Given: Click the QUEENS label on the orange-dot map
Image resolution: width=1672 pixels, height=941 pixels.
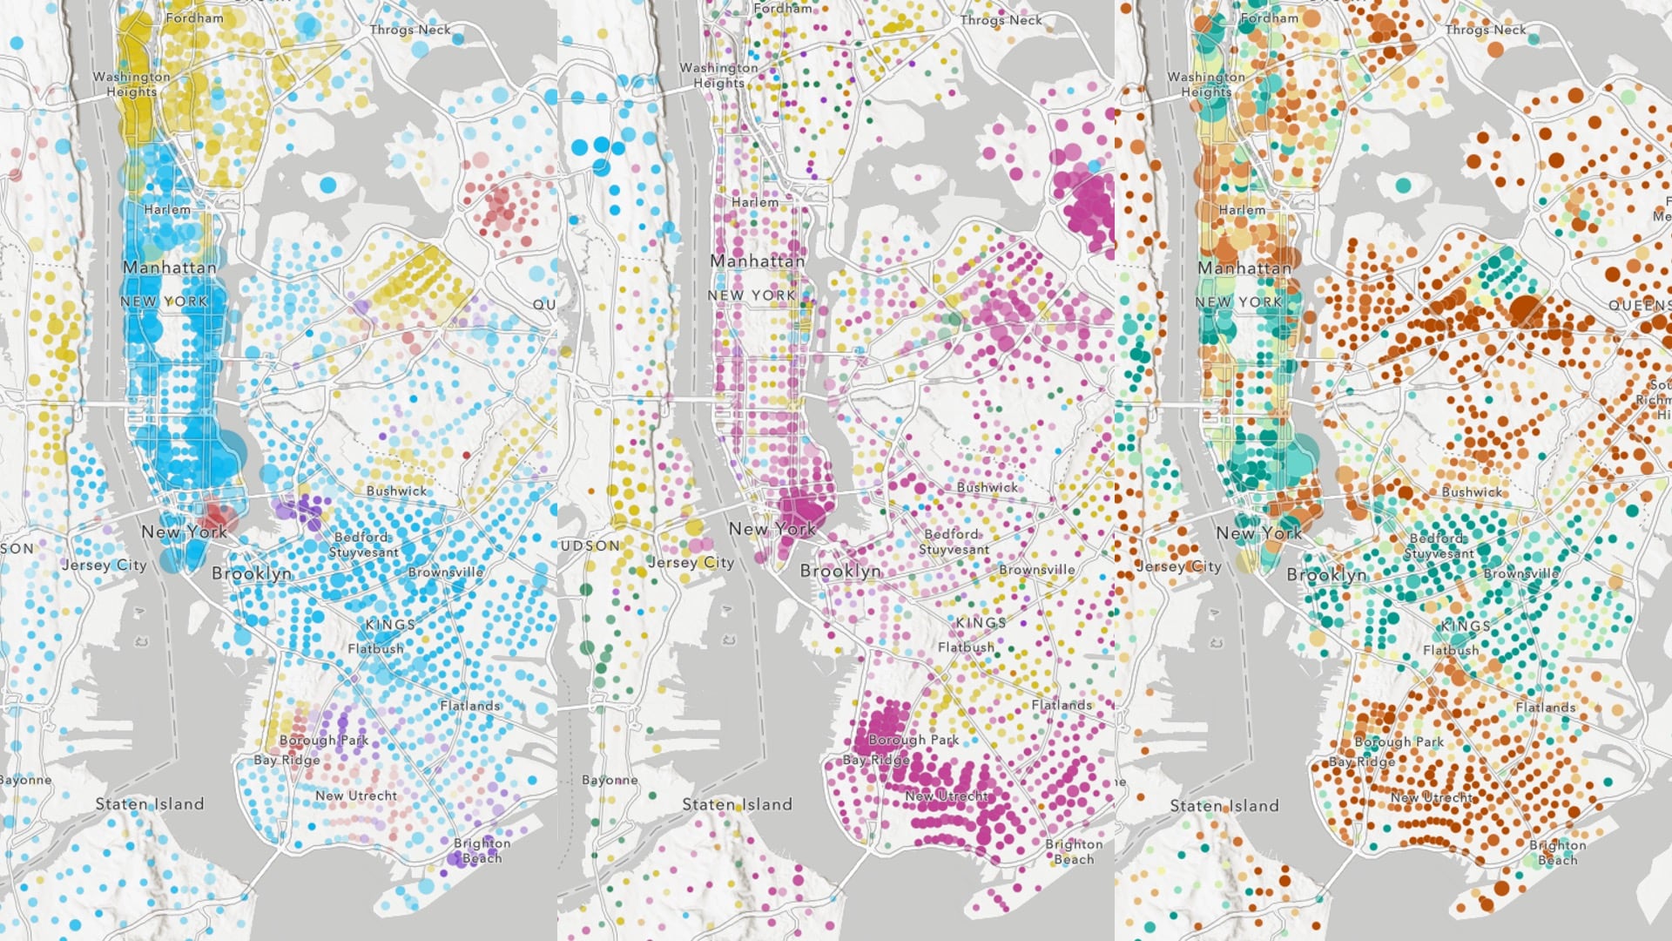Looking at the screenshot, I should (x=1639, y=305).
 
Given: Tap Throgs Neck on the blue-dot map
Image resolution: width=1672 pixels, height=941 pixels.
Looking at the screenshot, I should (x=410, y=30).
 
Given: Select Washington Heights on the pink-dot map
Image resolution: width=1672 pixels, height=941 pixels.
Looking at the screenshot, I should (x=718, y=75).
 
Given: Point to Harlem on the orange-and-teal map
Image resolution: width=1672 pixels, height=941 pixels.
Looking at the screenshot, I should (x=1242, y=210).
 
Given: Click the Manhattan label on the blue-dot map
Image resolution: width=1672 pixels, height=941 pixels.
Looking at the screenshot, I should (x=169, y=267).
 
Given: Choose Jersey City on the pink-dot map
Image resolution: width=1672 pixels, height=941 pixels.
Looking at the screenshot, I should (x=691, y=563).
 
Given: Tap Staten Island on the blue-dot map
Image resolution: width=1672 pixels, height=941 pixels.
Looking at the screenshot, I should (x=150, y=804).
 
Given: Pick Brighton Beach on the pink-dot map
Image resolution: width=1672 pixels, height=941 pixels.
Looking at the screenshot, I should (x=1074, y=851).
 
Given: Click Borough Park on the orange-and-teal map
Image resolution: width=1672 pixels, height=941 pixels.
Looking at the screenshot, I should (x=1399, y=741).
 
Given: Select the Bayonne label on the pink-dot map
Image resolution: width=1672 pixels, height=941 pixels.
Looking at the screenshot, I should (x=609, y=780).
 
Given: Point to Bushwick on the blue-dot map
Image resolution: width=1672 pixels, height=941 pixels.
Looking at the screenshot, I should (x=396, y=491).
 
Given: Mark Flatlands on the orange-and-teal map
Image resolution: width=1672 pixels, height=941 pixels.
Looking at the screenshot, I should (x=1545, y=707).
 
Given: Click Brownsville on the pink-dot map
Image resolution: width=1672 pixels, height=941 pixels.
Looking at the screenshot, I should (x=1036, y=570).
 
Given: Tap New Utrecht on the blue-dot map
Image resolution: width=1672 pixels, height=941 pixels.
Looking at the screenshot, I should (x=355, y=795).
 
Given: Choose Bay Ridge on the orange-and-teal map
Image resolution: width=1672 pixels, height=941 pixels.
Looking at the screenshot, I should (x=1361, y=762).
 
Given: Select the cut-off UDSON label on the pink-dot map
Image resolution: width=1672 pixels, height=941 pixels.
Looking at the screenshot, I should (x=590, y=545).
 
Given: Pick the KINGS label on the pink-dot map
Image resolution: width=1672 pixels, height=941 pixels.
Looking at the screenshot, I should (x=981, y=623).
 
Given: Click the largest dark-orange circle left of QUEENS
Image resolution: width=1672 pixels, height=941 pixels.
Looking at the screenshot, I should (x=1525, y=309).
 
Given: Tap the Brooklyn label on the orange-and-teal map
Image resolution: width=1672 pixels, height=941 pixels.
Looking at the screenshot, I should (x=1326, y=575).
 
